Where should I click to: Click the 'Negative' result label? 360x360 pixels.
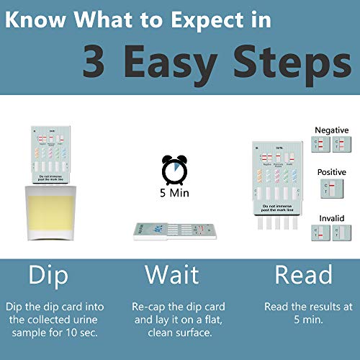[x=331, y=130]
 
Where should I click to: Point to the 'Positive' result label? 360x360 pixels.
[x=331, y=173]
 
